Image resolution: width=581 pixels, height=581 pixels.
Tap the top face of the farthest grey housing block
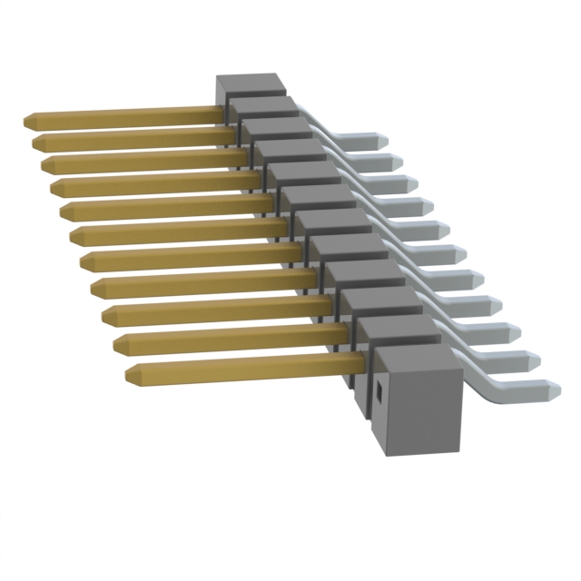tap(251, 84)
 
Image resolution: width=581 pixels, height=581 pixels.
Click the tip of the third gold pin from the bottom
tap(106, 315)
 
